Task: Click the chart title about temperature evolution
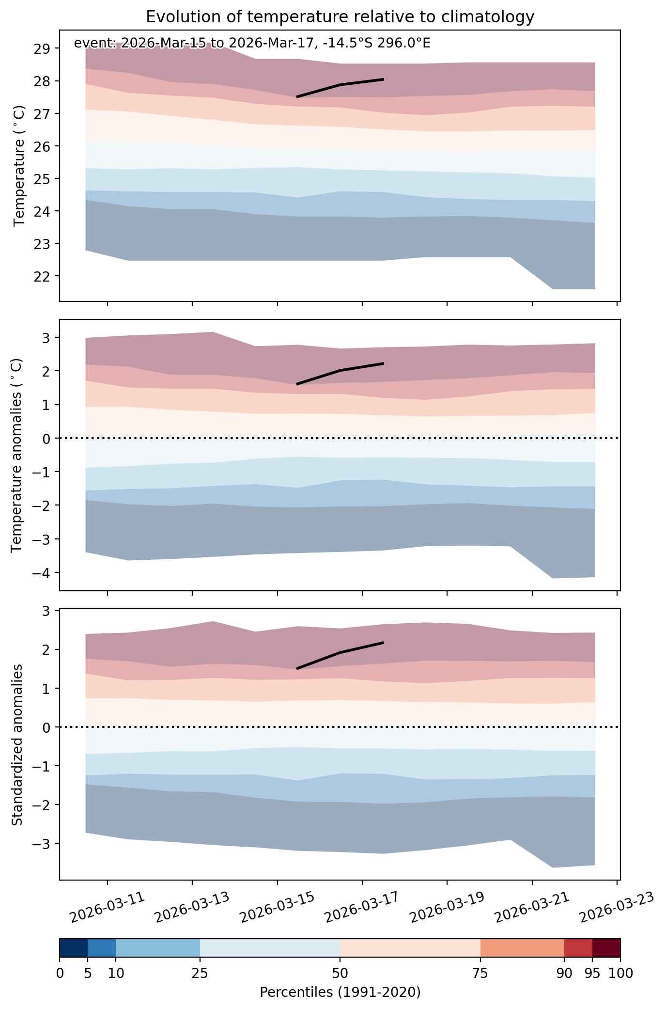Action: point(340,17)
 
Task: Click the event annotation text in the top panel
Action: point(252,44)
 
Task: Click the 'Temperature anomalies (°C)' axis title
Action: point(17,455)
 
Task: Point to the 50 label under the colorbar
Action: point(340,973)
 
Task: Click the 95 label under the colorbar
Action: point(592,973)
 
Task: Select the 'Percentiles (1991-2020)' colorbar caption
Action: point(340,992)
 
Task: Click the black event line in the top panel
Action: point(340,85)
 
